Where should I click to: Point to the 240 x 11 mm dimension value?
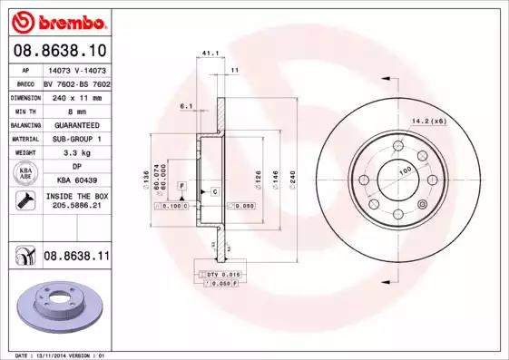(76, 96)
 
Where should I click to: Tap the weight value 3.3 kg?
(76, 153)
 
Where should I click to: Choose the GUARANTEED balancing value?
(76, 124)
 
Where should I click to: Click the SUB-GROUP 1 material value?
(76, 139)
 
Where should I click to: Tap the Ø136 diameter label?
(146, 178)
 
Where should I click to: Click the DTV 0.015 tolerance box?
(220, 274)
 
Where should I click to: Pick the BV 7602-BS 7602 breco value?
(76, 83)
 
